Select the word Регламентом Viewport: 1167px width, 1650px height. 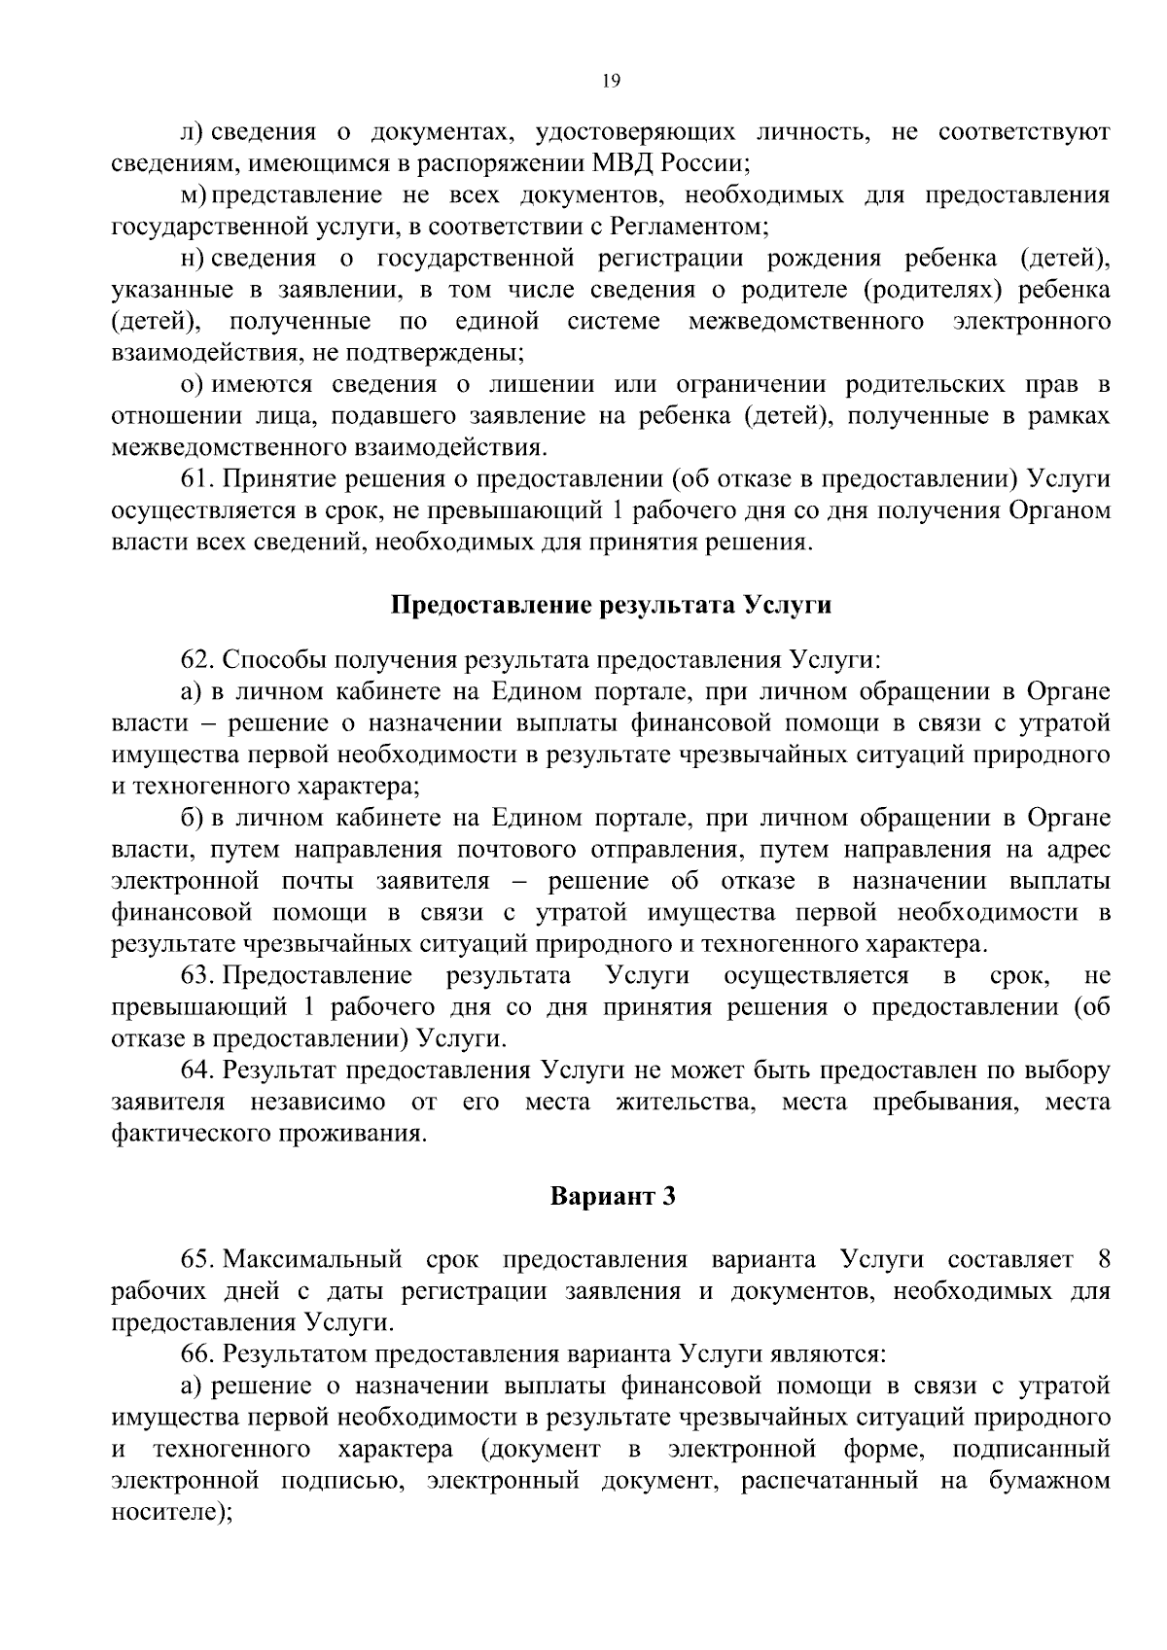(688, 227)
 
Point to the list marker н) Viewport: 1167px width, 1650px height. (193, 258)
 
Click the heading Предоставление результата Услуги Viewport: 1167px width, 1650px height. (611, 605)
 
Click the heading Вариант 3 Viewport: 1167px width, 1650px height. (612, 1196)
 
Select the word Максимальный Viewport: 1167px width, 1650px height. (312, 1260)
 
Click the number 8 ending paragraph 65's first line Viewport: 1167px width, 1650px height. (1102, 1260)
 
